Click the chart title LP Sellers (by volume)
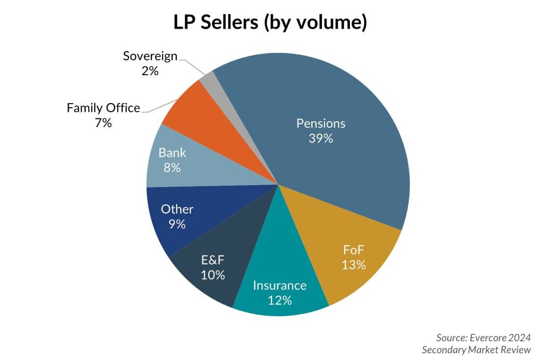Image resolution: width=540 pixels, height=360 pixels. [270, 23]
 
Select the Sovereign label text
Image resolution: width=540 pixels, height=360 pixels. [150, 56]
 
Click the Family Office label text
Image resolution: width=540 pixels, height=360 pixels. [104, 108]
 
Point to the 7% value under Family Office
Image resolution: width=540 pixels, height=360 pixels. [104, 123]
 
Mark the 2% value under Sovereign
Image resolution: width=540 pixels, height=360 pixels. [150, 71]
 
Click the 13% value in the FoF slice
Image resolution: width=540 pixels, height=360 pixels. [354, 265]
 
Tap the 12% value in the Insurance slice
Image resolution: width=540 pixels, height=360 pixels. [280, 300]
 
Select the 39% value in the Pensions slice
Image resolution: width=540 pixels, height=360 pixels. [321, 138]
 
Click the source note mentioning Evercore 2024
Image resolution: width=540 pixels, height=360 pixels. [484, 343]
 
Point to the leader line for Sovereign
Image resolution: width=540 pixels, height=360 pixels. [191, 65]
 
